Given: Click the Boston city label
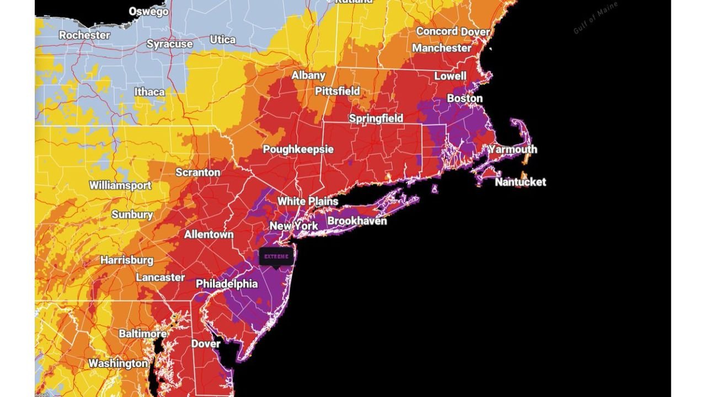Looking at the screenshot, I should coord(464,99).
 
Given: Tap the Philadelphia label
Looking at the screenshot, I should coord(227,285).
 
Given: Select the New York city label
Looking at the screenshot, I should coord(293,226).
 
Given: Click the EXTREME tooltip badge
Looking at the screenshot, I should coord(276,256).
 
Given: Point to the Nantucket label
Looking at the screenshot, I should coord(520,182).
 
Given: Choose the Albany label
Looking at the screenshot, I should coord(308,76).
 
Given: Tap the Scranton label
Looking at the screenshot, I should coord(197,173).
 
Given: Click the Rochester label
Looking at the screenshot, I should coord(84,35).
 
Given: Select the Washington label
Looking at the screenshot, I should coord(118,364).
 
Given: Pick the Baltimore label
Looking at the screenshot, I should coord(143,334).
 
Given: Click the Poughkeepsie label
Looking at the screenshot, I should coord(298,150).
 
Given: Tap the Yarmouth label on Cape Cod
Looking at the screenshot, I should coord(512,149).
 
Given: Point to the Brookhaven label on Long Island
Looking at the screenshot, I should coord(357,221).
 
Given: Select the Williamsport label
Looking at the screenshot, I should coord(120,185).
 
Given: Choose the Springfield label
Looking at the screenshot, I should coord(376,119).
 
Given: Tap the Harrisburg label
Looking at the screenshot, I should coord(127,260).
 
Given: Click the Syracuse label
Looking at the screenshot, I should coord(169,44).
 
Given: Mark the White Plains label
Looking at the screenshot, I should coord(307,201).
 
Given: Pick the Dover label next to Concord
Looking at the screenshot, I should coord(475,32).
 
